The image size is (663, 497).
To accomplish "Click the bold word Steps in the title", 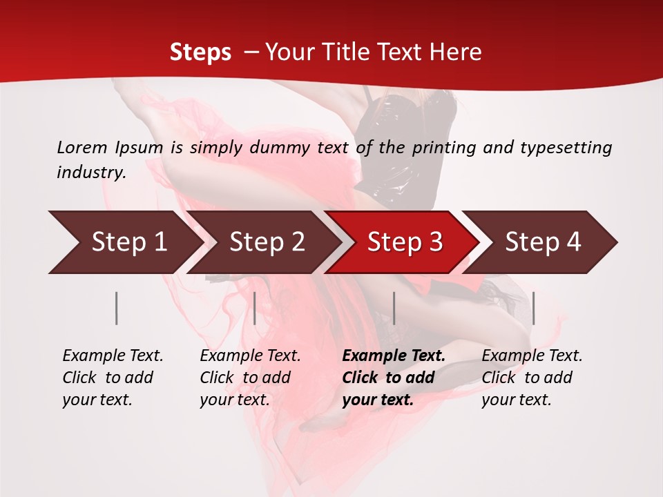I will pyautogui.click(x=200, y=52).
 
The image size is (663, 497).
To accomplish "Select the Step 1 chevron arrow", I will pyautogui.click(x=124, y=242).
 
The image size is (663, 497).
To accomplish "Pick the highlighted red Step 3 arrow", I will pyautogui.click(x=404, y=242).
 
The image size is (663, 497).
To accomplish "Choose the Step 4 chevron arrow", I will pyautogui.click(x=542, y=242).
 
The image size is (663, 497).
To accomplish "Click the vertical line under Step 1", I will pyautogui.click(x=117, y=308).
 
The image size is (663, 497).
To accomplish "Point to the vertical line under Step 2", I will pyautogui.click(x=255, y=308).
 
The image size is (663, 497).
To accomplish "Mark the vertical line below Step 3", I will pyautogui.click(x=394, y=308).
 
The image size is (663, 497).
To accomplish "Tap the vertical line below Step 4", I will pyautogui.click(x=533, y=308).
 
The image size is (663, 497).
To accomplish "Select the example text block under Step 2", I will pyautogui.click(x=250, y=378).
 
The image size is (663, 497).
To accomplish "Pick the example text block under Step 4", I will pyautogui.click(x=532, y=378).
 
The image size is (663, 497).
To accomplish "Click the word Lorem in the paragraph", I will pyautogui.click(x=82, y=147).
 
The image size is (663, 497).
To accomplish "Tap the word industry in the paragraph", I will pyautogui.click(x=91, y=173).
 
